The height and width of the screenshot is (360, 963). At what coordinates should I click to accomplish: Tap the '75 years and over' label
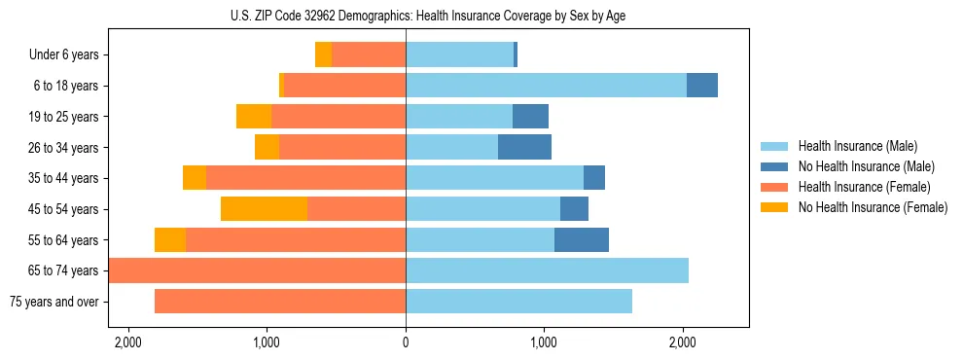[x=53, y=302]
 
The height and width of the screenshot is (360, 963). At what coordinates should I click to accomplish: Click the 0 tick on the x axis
[x=406, y=343]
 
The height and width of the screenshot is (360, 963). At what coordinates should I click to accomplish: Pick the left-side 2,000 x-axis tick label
[x=128, y=343]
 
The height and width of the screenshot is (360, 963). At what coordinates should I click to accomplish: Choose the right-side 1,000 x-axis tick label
[x=544, y=343]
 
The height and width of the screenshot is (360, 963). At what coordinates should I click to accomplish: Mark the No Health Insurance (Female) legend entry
[x=872, y=207]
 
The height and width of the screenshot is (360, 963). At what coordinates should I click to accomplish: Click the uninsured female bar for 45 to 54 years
[x=264, y=209]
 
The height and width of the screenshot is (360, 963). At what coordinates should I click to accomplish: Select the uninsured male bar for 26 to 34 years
[x=524, y=148]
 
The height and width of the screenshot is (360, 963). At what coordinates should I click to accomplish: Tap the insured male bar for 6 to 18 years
[x=546, y=86]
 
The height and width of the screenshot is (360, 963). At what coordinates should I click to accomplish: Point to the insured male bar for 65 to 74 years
[x=547, y=270]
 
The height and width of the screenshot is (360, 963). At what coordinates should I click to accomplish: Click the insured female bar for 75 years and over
[x=280, y=302]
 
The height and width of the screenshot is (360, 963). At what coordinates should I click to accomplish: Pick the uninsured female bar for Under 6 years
[x=323, y=55]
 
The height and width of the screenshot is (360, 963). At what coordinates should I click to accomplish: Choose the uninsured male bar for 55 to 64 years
[x=582, y=240]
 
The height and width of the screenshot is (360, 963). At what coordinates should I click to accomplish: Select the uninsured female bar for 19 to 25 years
[x=254, y=117]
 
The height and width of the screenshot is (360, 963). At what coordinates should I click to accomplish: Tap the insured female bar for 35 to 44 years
[x=305, y=178]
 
